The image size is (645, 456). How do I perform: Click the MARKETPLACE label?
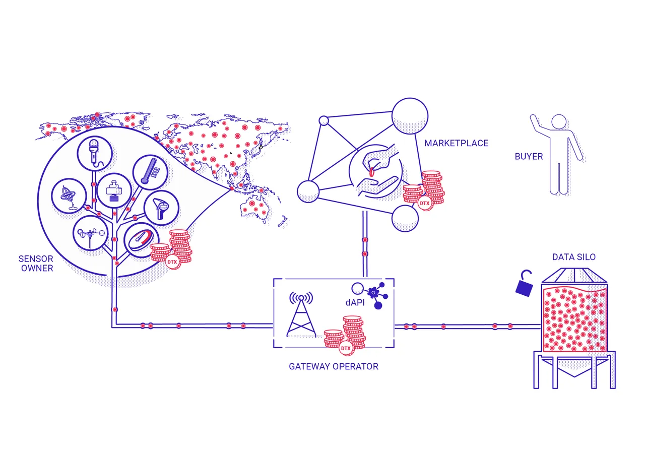456,143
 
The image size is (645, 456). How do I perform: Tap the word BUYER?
529,156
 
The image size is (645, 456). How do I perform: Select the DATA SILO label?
573,257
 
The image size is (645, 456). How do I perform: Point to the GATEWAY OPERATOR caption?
334,366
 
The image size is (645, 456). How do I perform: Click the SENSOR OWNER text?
36,264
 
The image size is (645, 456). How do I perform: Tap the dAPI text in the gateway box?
355,302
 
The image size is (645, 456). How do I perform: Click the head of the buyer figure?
559,122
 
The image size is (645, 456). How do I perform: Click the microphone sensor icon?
94,154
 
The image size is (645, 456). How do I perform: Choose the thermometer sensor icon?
150,172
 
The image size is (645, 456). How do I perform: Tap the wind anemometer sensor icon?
90,233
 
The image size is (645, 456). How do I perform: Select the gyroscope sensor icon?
69,196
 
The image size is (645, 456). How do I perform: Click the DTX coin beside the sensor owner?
172,262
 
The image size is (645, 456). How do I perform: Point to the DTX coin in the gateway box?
346,348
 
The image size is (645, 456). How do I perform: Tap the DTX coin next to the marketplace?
425,203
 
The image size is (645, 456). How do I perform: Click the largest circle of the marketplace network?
410,116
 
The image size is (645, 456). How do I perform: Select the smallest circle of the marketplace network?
324,120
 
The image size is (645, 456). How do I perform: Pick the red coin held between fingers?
371,172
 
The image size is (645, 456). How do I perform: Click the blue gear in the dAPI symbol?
373,292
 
